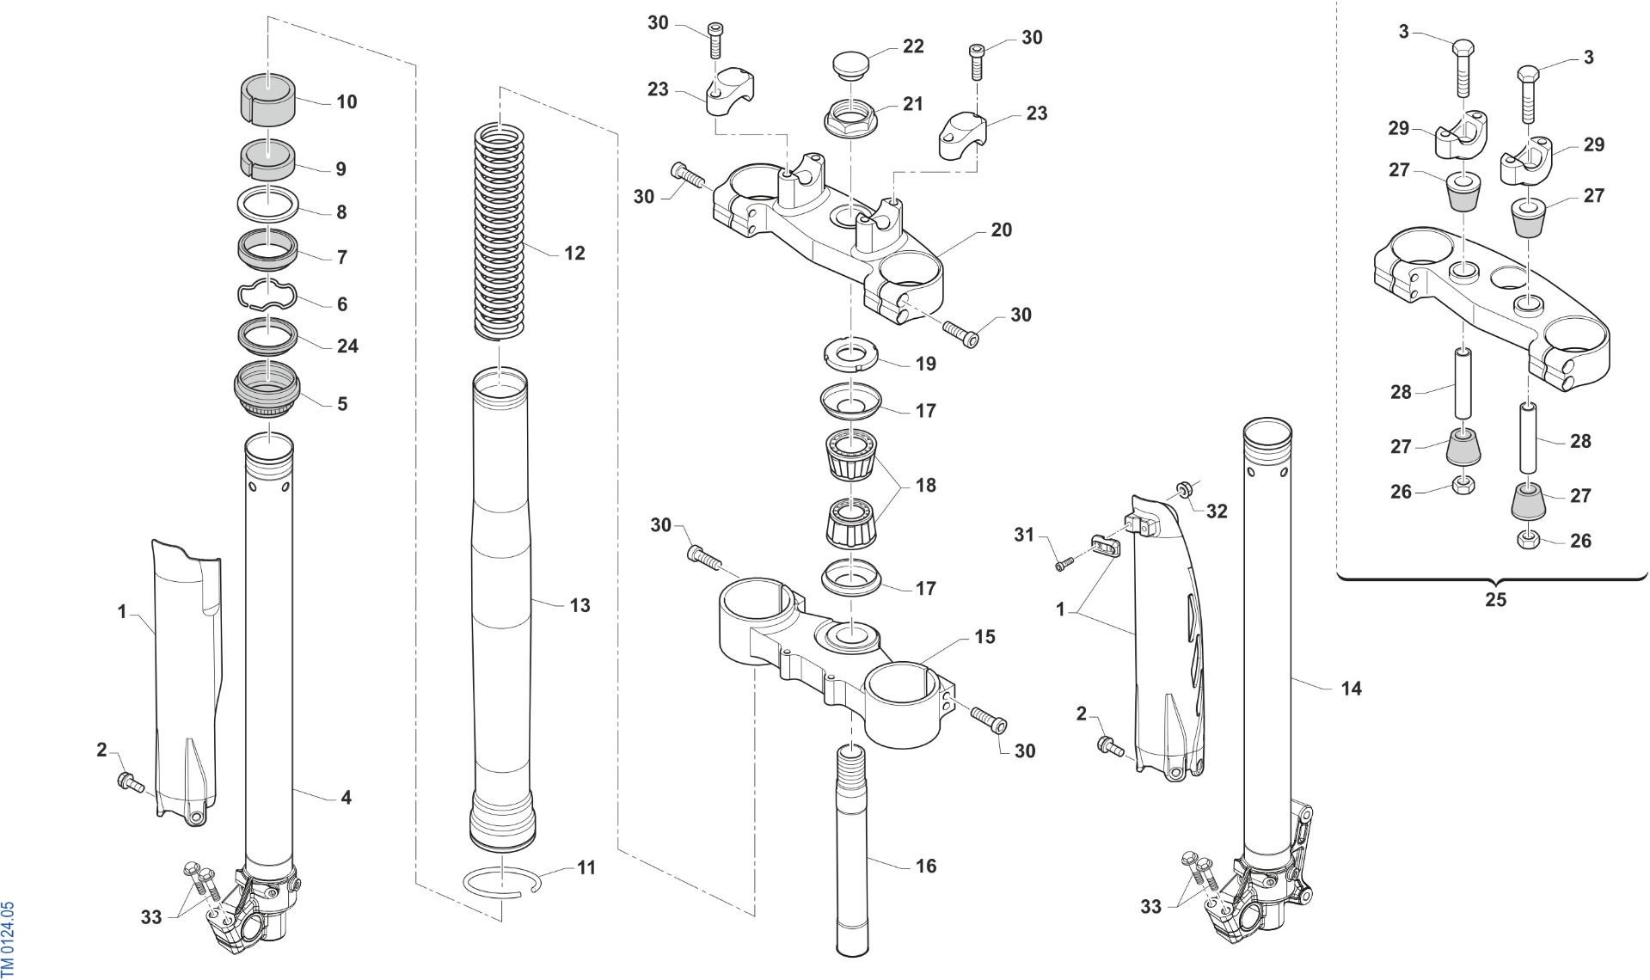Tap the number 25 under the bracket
1495,599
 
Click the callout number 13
580,605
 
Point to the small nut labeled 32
1183,489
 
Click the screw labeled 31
1065,564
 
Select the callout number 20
1001,230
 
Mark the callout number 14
1351,688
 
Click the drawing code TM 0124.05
8,939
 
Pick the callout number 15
984,636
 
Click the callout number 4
346,797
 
